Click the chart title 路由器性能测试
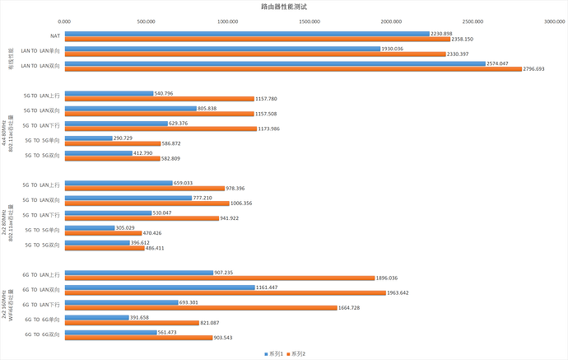[283, 6]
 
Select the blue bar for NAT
[247, 34]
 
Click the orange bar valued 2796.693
[293, 69]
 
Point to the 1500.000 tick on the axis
[310, 22]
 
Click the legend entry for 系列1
[272, 353]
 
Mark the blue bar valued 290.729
[88, 138]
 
